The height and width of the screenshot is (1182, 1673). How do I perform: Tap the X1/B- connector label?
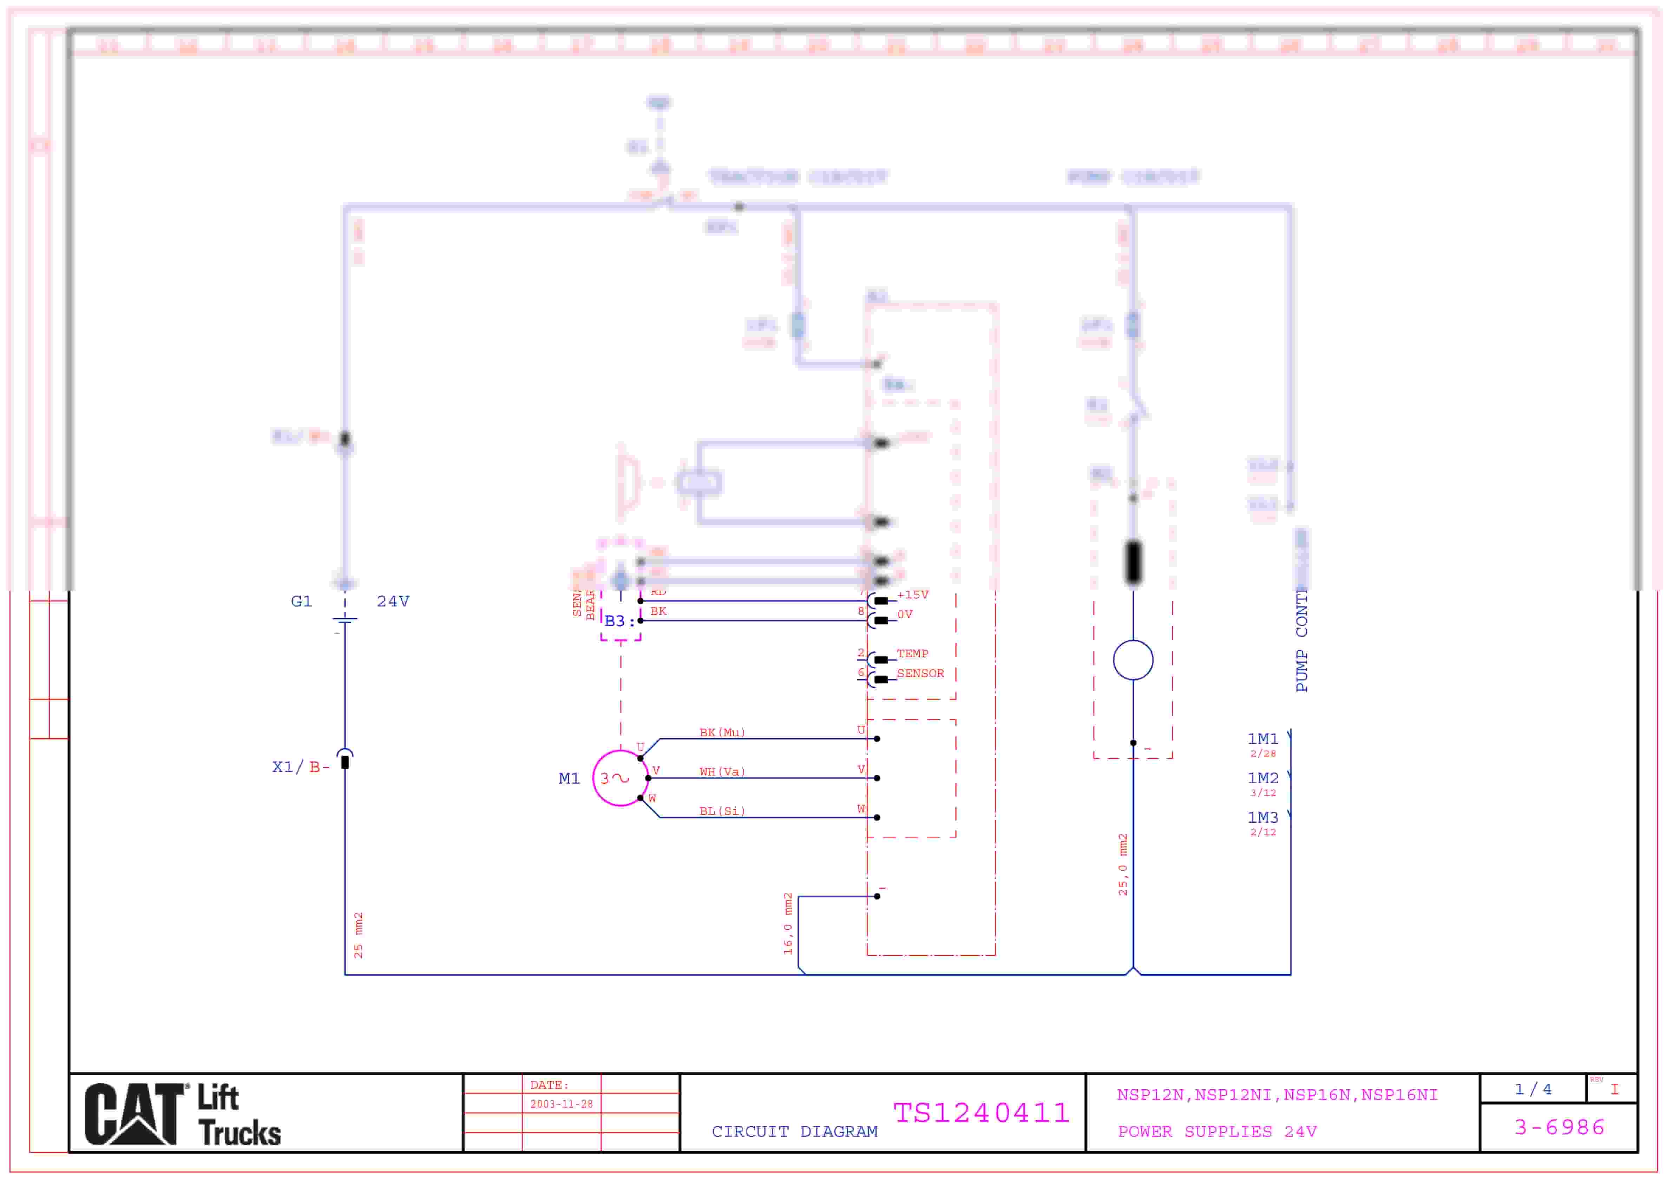point(300,767)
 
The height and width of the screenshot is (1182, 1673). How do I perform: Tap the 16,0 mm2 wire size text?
point(788,923)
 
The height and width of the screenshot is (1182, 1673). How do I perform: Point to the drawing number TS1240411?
point(982,1113)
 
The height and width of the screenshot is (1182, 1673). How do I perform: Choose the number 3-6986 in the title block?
point(1559,1127)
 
